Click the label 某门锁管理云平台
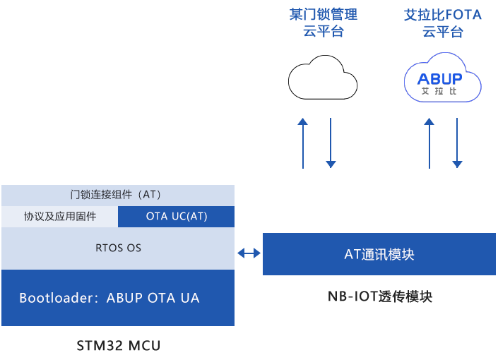[324, 23]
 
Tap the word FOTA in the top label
[463, 15]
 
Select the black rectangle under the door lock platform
[323, 77]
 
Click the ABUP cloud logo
[443, 77]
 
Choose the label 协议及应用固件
[60, 217]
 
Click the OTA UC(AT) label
[177, 217]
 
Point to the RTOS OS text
[118, 248]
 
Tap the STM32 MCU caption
[118, 345]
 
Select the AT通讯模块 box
[379, 254]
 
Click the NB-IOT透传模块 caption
[379, 296]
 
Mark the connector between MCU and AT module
[248, 253]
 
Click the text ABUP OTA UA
[153, 298]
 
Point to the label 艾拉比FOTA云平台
[443, 23]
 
